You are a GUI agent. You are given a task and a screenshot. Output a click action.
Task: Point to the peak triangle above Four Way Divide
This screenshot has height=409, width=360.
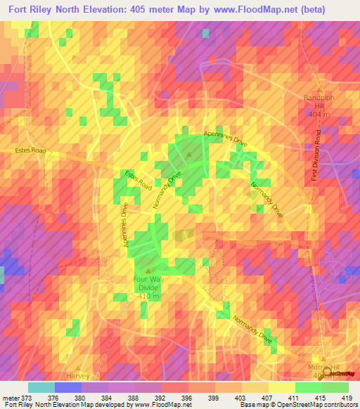148,270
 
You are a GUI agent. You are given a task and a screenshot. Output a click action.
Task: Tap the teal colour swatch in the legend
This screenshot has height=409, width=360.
41,387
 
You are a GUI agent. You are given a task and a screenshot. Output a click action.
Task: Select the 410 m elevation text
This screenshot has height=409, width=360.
148,297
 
